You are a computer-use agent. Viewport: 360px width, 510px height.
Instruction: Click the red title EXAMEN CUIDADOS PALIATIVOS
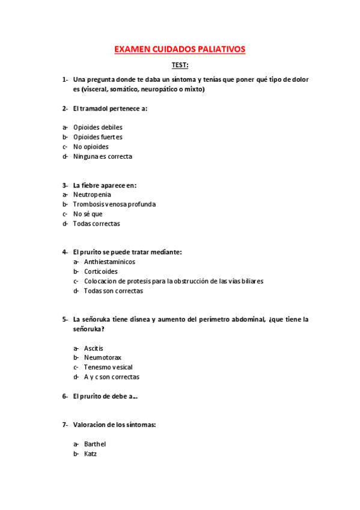point(180,50)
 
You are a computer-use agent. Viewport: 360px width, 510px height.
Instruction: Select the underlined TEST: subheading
point(180,65)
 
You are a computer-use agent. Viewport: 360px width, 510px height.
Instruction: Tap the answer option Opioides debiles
point(97,127)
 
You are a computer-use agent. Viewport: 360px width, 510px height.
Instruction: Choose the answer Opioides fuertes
point(97,137)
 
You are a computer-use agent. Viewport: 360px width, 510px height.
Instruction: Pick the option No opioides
point(91,147)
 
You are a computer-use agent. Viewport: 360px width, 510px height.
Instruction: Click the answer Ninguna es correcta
point(102,156)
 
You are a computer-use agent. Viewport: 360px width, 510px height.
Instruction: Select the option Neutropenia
point(92,195)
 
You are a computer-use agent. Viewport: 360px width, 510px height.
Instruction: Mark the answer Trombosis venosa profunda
point(114,204)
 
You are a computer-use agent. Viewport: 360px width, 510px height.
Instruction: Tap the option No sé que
point(88,214)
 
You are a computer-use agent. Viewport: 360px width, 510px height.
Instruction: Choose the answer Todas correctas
point(96,224)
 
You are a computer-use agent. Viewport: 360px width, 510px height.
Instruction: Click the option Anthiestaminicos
point(109,262)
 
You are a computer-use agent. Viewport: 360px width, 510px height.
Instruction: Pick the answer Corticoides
point(101,272)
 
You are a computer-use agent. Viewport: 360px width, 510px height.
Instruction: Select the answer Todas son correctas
point(113,291)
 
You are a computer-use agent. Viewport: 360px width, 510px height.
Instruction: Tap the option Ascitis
point(94,348)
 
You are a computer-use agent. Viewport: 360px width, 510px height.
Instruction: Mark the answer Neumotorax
point(102,358)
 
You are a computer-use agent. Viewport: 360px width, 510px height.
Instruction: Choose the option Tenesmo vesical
point(108,367)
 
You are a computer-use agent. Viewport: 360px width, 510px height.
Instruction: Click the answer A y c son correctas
point(111,377)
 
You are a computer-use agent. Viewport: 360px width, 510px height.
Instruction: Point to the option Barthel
point(95,444)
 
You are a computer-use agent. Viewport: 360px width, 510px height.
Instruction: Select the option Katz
point(90,454)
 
